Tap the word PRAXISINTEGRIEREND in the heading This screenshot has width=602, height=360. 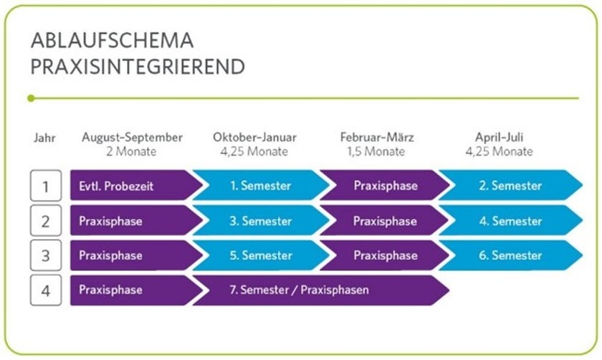pos(137,67)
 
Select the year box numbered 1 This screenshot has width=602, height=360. pos(46,186)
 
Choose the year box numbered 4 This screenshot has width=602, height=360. pos(46,290)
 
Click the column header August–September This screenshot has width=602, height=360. pos(132,137)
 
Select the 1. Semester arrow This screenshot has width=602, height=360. pos(260,186)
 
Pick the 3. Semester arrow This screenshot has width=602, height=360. pos(260,221)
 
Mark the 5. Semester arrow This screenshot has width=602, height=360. pos(260,255)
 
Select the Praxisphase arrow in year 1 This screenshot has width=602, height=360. pos(385,186)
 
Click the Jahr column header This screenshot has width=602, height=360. pos(44,137)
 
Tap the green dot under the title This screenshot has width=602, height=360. pos(30,98)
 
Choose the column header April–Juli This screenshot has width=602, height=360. pos(499,137)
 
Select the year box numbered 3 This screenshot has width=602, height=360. pos(46,256)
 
